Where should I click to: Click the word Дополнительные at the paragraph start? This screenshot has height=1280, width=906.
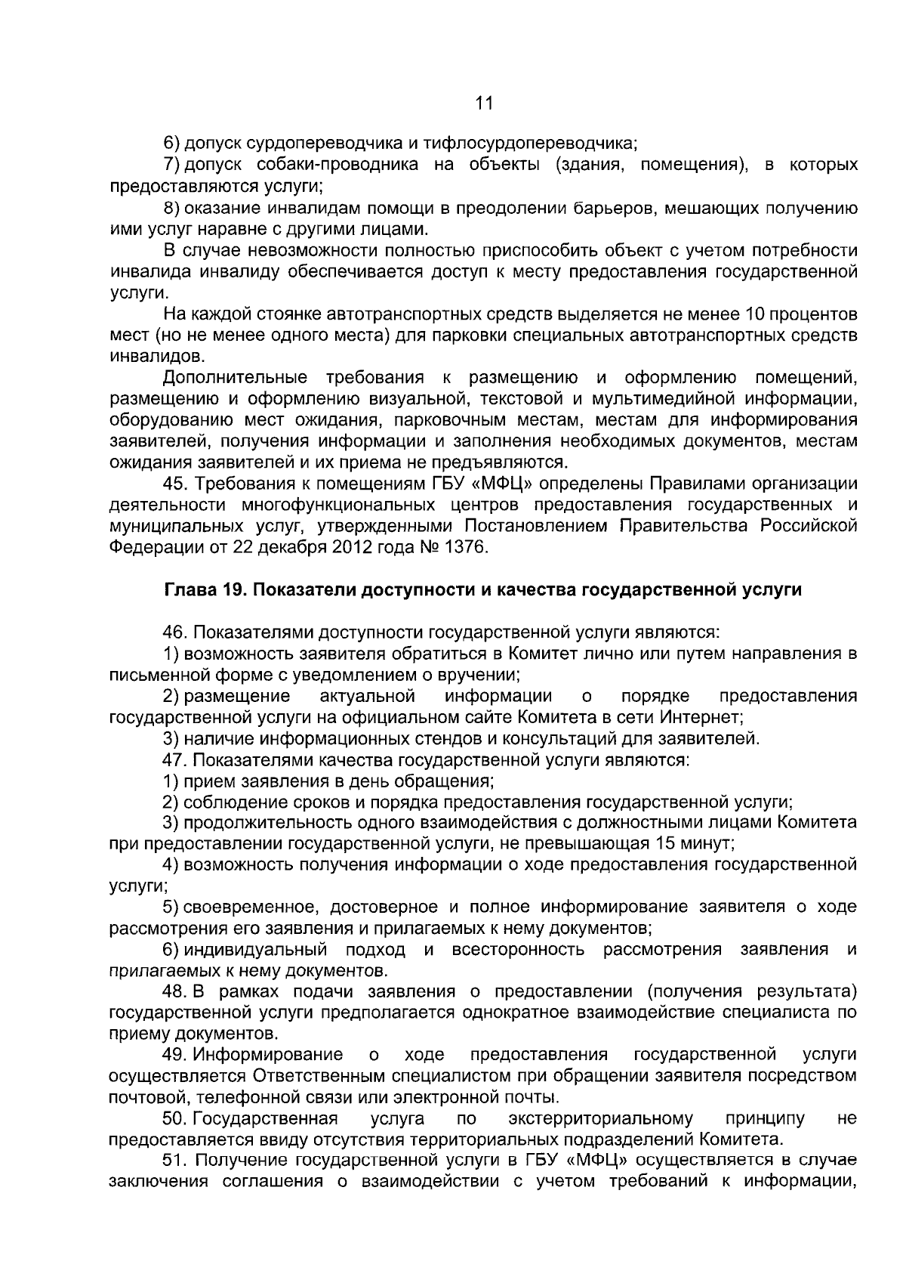point(235,377)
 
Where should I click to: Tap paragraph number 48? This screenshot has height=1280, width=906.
point(175,991)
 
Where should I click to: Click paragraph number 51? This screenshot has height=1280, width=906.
point(176,1160)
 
